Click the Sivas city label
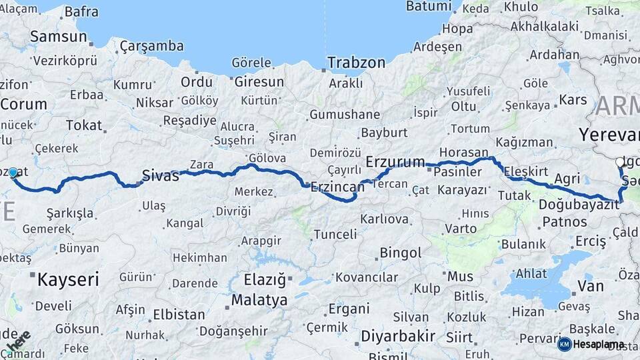pos(161,176)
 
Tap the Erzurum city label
pos(395,162)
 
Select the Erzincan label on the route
pos(337,187)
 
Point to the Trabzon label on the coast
pos(356,63)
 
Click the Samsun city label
pos(59,37)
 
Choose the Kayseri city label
pos(67,279)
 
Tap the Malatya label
pos(259,300)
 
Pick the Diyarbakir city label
pos(398,336)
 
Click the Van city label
pos(590,286)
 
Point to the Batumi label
pos(429,6)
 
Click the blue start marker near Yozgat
pos(13,173)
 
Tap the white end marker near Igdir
pos(620,162)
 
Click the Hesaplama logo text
pos(599,344)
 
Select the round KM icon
pos(564,344)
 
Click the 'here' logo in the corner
pos(18,343)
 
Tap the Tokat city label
pos(84,125)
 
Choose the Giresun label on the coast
pos(258,82)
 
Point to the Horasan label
pos(464,153)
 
